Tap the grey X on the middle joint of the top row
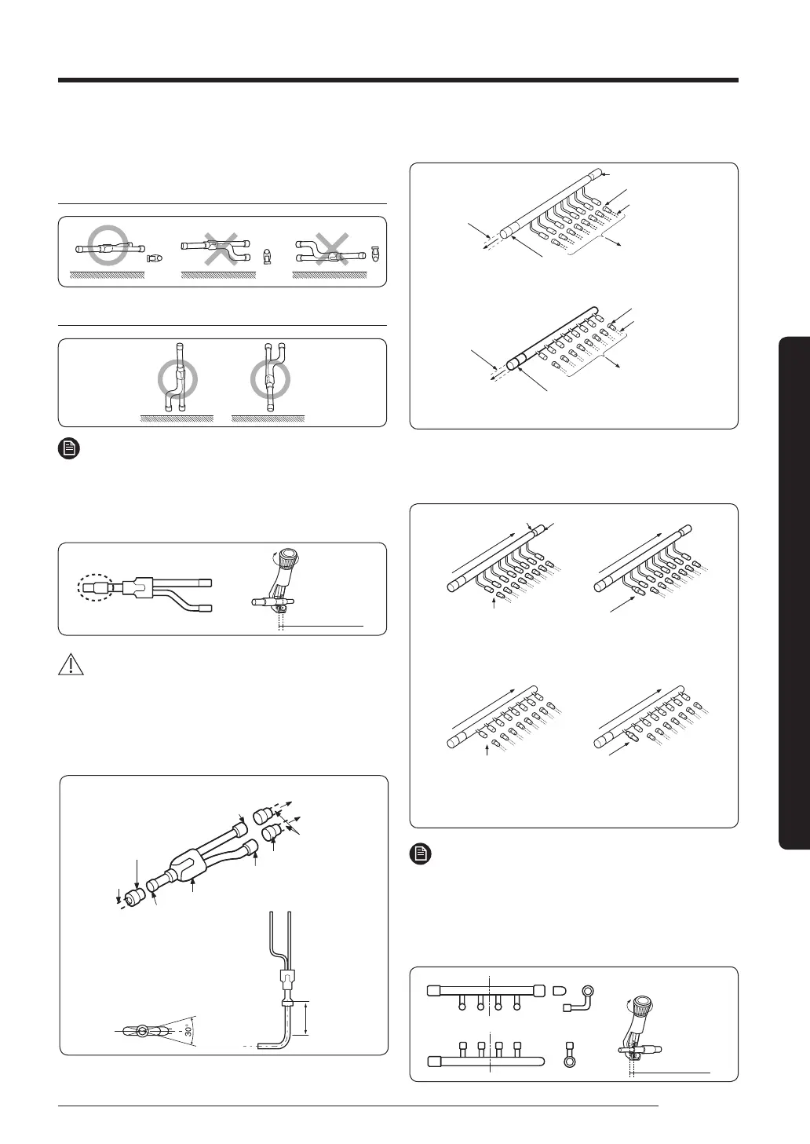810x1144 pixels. (221, 249)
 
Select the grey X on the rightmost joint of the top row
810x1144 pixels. (331, 249)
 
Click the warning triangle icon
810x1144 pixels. (71, 664)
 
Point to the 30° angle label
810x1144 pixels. (188, 1029)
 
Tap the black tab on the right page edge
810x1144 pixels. (794, 593)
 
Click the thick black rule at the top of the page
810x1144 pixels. (398, 80)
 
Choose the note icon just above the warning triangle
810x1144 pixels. (69, 448)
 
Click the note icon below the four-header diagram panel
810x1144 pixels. (421, 854)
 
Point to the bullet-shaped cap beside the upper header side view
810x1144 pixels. (559, 991)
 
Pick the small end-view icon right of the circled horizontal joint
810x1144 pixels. (154, 258)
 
